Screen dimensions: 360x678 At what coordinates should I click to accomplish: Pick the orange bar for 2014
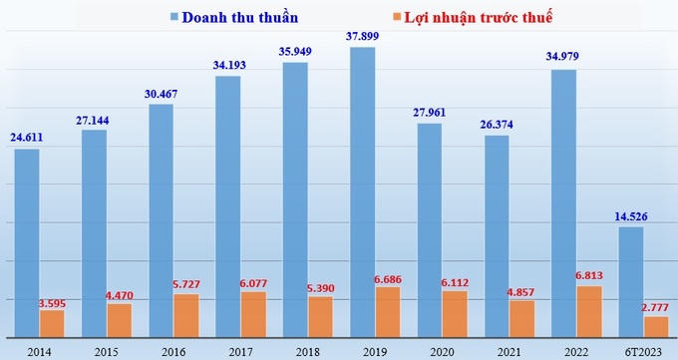coord(52,323)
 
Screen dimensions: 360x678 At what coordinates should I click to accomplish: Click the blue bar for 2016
coord(161,219)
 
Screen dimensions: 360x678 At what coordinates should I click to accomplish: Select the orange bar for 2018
coord(321,316)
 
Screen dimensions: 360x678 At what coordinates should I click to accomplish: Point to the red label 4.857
coord(522,291)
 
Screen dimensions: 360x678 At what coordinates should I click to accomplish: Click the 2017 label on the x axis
coord(241,350)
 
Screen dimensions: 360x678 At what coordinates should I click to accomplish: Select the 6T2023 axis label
coord(644,350)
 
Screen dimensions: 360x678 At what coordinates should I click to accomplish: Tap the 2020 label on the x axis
coord(442,350)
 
